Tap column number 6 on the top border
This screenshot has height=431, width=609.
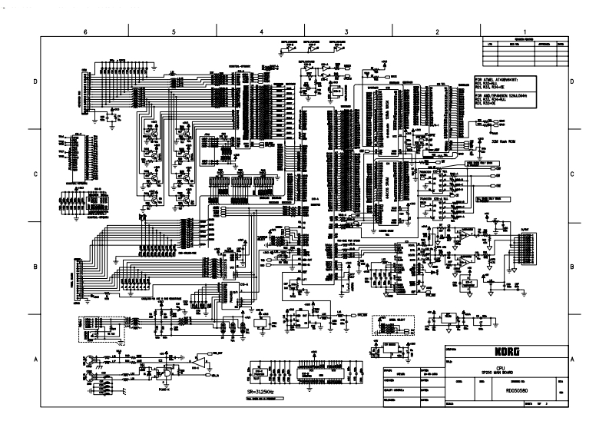click(85, 31)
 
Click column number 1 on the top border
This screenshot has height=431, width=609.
click(524, 31)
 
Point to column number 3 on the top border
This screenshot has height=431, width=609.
click(348, 31)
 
